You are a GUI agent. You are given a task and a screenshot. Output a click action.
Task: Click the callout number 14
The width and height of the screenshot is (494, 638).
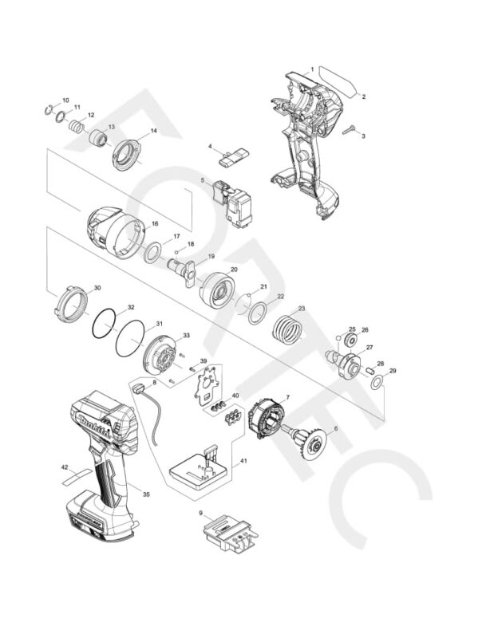pyautogui.click(x=153, y=131)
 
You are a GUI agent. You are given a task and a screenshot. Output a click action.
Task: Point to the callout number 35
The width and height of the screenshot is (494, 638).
pyautogui.click(x=147, y=494)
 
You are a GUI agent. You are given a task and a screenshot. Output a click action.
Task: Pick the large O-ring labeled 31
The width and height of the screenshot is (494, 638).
pyautogui.click(x=131, y=340)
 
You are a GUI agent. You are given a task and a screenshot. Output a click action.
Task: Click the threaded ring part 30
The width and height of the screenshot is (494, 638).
pyautogui.click(x=73, y=303)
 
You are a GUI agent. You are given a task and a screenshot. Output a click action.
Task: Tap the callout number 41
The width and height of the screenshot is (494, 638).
pyautogui.click(x=243, y=461)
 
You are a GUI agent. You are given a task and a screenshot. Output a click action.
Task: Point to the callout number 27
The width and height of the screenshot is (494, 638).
pyautogui.click(x=370, y=348)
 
